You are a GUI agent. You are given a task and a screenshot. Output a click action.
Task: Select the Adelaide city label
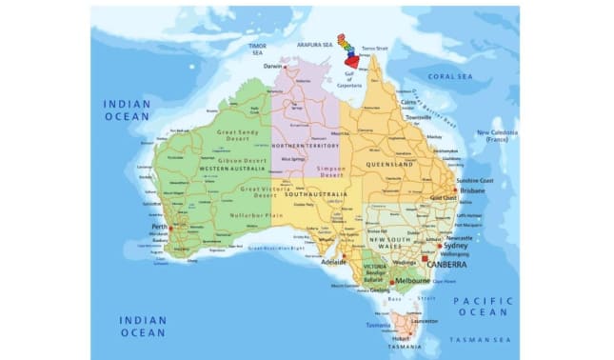click(x=334, y=260)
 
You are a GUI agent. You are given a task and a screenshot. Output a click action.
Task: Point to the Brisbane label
click(x=472, y=190)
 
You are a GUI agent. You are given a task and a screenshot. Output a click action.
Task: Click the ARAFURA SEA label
click(x=313, y=44)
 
